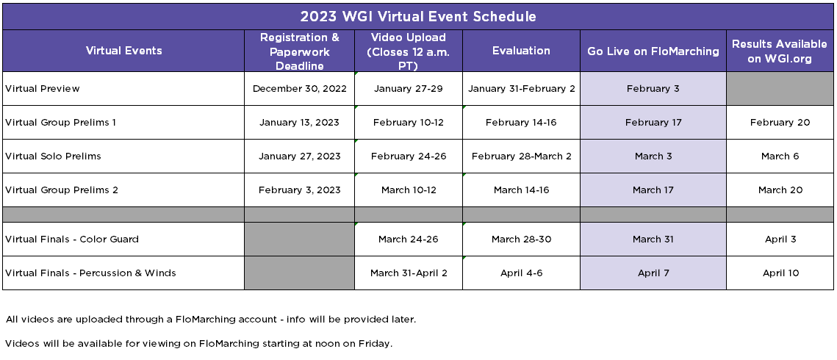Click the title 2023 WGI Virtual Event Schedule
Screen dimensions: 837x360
418,17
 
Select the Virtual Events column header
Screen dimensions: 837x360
124,51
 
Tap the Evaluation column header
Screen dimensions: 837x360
521,51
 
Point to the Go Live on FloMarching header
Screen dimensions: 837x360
653,51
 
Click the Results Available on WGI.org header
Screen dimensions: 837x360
780,51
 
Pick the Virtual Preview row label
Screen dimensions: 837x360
42,89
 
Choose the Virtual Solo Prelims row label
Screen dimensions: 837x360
53,156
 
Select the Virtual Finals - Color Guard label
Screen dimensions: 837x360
72,239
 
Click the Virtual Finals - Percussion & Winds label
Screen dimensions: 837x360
90,273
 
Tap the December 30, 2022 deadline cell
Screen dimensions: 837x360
300,89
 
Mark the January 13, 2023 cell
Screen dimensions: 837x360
300,122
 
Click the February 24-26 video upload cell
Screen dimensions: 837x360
409,156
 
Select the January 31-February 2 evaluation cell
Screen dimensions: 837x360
522,89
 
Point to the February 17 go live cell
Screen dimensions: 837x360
653,122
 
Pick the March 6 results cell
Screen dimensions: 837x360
780,156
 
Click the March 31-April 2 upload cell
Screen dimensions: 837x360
409,273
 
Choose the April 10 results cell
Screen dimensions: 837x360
780,273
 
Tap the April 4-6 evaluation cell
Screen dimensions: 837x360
522,273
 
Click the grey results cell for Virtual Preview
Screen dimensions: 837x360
780,89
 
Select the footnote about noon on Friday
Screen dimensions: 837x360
198,344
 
